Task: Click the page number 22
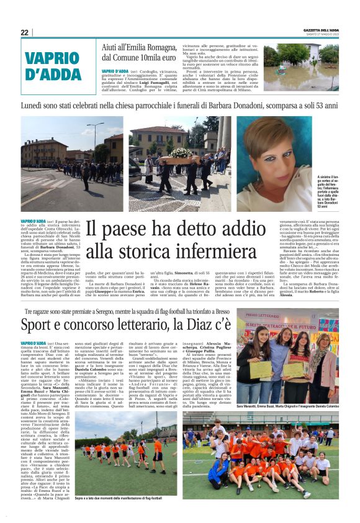(24, 32)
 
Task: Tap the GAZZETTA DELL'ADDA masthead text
(317, 30)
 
